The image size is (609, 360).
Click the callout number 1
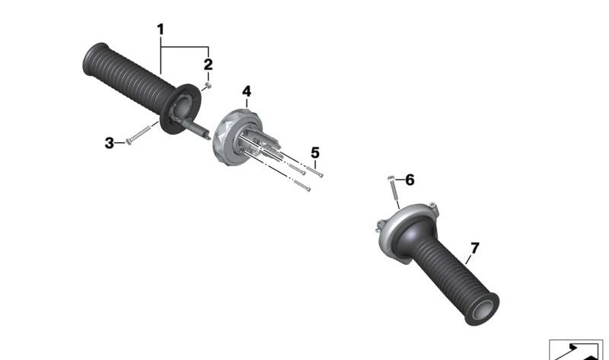161,29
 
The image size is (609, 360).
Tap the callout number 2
208,65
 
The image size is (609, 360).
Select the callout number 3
110,142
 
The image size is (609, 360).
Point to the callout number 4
247,92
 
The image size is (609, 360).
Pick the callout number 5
315,152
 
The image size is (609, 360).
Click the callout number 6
410,180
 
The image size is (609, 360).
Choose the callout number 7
475,248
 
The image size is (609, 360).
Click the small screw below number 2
206,87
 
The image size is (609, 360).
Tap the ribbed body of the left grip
129,75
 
